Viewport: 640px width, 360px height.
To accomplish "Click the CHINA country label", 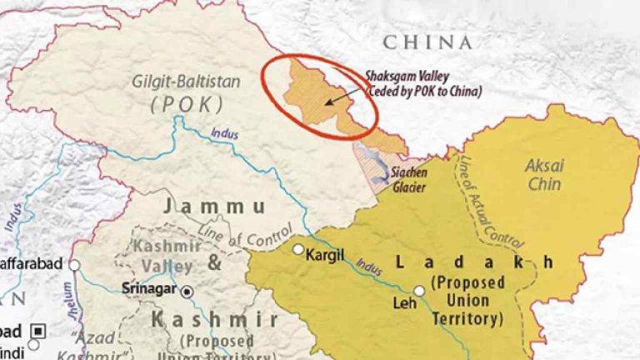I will [x=427, y=42].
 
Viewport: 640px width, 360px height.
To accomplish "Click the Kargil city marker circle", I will [x=297, y=249].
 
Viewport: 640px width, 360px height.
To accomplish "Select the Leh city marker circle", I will [x=420, y=291].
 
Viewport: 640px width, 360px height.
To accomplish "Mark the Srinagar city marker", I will [x=188, y=292].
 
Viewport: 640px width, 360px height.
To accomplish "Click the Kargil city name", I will [x=324, y=251].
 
